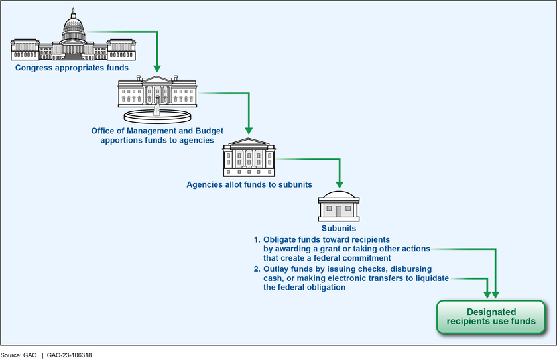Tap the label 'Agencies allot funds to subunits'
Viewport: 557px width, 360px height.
tap(249, 184)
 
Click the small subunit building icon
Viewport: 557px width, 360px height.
tap(339, 207)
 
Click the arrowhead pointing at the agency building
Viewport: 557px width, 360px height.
tap(249, 130)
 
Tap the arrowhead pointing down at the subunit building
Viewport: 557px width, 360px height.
tap(339, 184)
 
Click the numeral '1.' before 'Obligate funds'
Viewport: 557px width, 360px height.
tap(258, 239)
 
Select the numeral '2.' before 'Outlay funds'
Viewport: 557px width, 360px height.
tap(258, 269)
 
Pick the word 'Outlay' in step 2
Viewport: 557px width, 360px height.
tap(277, 269)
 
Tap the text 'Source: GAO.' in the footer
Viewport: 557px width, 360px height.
tap(23, 355)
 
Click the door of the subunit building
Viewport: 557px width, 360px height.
tap(339, 211)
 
